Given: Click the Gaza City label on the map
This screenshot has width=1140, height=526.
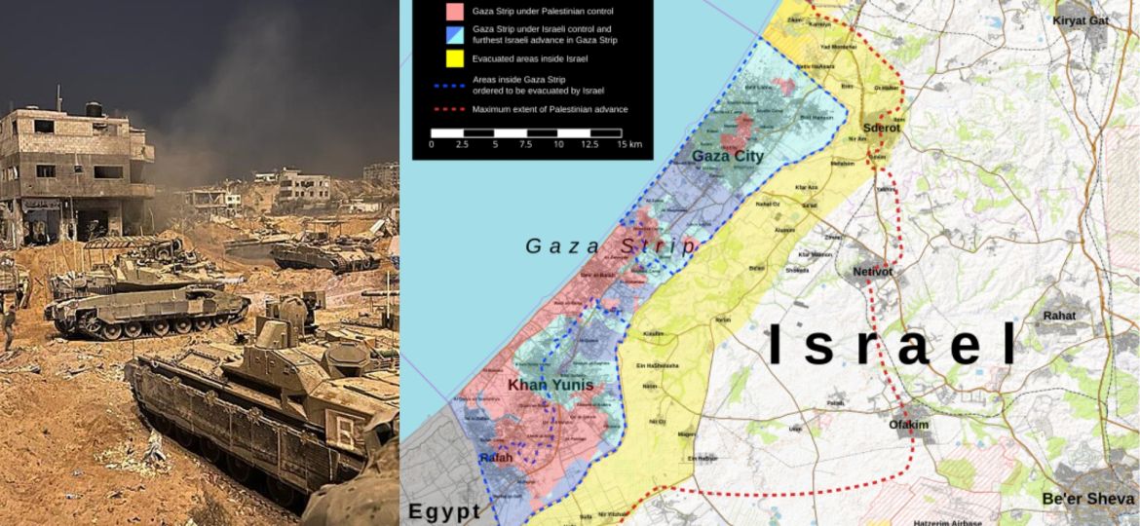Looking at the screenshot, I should click(x=727, y=156).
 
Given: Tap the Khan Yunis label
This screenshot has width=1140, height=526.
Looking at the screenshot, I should click(x=551, y=386).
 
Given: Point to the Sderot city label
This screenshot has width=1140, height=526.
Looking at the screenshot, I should click(x=881, y=128).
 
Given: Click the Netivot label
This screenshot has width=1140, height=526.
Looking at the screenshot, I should click(x=872, y=272).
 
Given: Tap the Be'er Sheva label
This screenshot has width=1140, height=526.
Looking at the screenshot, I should click(x=1086, y=499).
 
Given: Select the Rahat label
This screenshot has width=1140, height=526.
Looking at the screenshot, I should click(x=1059, y=316).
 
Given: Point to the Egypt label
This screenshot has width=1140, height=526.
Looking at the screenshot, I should click(x=444, y=511).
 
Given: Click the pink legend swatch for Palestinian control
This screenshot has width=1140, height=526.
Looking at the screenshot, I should click(x=454, y=13).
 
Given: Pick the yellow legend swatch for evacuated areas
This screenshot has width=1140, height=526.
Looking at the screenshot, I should click(x=454, y=59).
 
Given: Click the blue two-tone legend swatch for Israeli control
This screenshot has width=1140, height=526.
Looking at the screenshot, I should click(x=454, y=36).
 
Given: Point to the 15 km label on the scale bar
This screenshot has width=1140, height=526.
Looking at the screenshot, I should click(x=628, y=144).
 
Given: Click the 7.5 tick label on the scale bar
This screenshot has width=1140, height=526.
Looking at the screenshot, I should click(x=526, y=144).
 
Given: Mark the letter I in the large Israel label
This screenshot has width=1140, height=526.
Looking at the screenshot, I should click(x=777, y=346).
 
